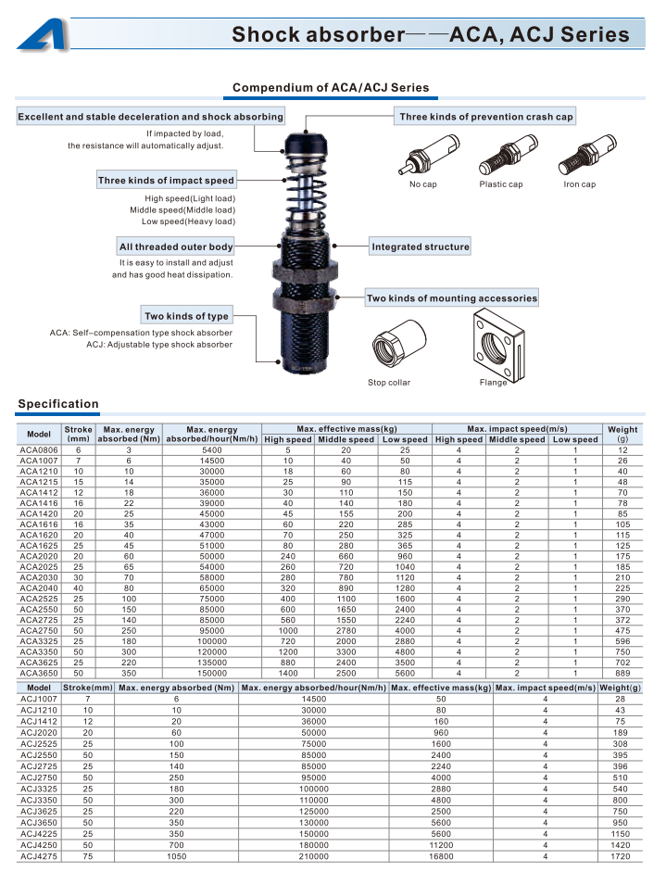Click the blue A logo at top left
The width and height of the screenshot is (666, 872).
[44, 34]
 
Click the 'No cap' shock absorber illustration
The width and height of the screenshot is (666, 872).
[429, 155]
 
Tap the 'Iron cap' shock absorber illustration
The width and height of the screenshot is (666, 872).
[587, 154]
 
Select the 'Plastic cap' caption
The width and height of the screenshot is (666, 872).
[501, 184]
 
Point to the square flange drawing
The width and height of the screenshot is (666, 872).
[498, 346]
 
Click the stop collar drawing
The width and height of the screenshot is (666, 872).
[398, 343]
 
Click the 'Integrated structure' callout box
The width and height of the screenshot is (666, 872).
[421, 246]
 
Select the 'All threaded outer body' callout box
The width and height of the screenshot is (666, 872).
[176, 246]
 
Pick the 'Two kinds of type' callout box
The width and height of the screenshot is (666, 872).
[186, 316]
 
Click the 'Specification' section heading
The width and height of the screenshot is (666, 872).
[58, 404]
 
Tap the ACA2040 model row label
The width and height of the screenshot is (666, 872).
[39, 588]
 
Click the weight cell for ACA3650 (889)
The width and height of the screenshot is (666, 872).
[622, 673]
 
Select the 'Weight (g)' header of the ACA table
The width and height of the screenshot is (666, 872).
[622, 434]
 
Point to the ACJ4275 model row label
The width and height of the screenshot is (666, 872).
[39, 856]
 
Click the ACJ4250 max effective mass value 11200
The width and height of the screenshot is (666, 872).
[441, 845]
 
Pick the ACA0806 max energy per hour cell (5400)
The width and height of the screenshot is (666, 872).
[212, 450]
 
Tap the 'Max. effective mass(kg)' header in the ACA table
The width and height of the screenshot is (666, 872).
[347, 429]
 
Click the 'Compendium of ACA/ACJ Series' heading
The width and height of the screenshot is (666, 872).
[331, 87]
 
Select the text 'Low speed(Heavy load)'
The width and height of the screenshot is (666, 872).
[188, 221]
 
